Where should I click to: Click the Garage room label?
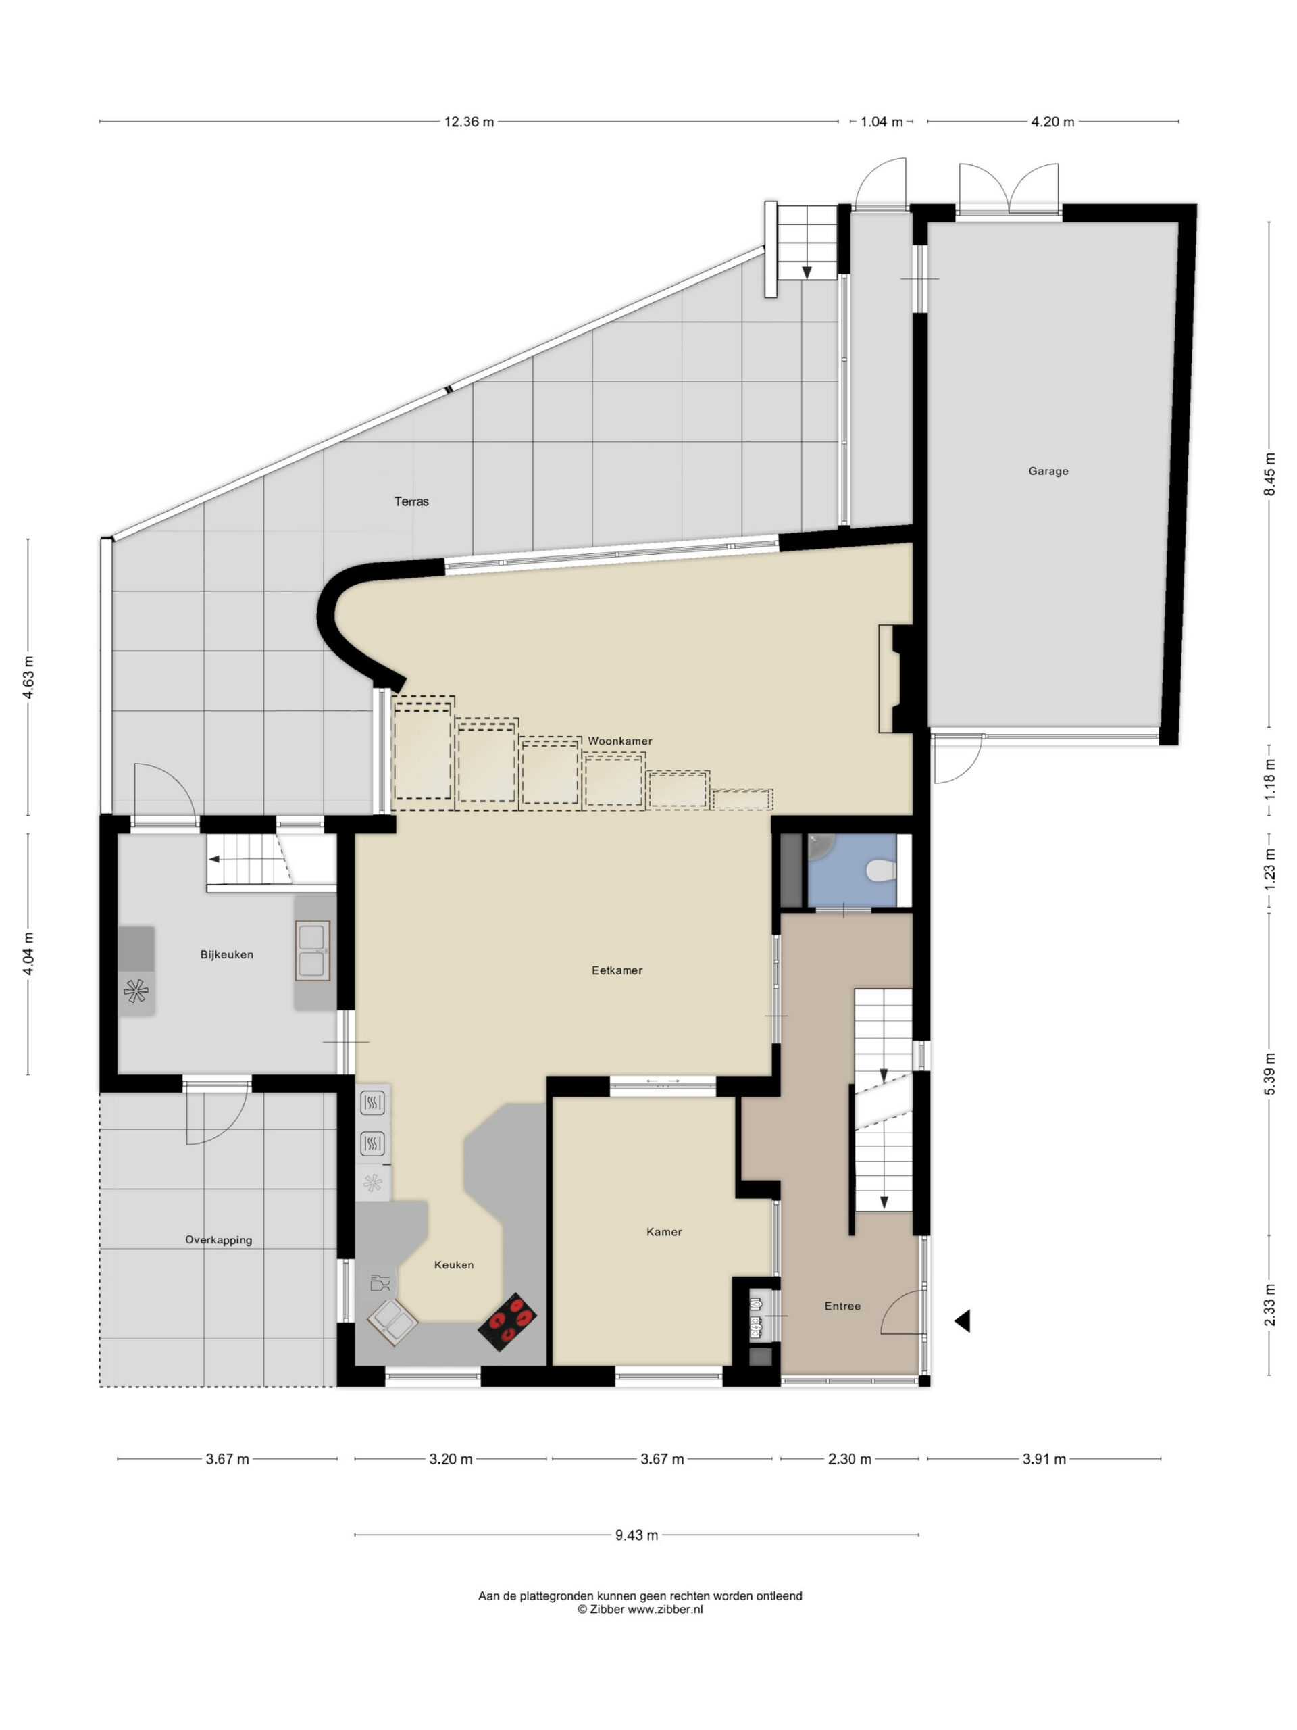coord(1048,471)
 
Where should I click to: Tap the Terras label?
coord(411,501)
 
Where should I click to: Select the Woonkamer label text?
coord(620,741)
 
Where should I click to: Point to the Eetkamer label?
coord(617,970)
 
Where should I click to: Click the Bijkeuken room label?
coord(227,954)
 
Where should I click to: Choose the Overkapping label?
coord(219,1239)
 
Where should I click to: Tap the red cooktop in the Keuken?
coord(507,1321)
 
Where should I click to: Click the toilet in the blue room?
coord(880,870)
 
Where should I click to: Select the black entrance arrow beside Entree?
coord(963,1321)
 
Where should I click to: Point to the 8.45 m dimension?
coord(1269,474)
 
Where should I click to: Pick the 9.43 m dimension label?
coord(636,1535)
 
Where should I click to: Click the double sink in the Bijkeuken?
coord(312,950)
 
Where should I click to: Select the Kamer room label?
coord(665,1232)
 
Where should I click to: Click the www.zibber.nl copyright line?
coord(640,1609)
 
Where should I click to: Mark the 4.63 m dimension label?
coord(28,677)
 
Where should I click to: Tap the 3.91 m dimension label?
coord(1044,1458)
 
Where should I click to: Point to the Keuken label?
coord(454,1264)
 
